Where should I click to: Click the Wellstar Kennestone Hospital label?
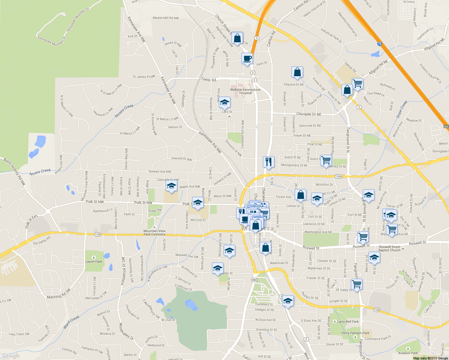[x=245, y=91]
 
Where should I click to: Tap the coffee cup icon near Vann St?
[x=247, y=58]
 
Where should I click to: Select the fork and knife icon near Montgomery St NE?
[x=269, y=162]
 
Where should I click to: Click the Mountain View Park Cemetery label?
[x=154, y=232]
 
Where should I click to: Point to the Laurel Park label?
[x=94, y=261]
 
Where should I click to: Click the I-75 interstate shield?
[x=380, y=44]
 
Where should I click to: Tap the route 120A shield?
[x=339, y=176]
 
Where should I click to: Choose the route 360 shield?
[x=254, y=280]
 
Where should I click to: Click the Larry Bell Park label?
[x=348, y=322]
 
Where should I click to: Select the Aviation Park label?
[x=408, y=353]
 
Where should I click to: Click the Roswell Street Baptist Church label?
[x=389, y=248]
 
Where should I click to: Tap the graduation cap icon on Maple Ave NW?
[x=171, y=186]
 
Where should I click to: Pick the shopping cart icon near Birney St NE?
[x=326, y=160]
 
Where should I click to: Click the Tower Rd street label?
[x=209, y=79]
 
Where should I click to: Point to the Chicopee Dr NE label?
[x=309, y=114]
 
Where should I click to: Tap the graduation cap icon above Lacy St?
[x=224, y=103]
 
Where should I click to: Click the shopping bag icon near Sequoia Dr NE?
[x=297, y=72]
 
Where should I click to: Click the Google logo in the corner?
[x=11, y=355]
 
